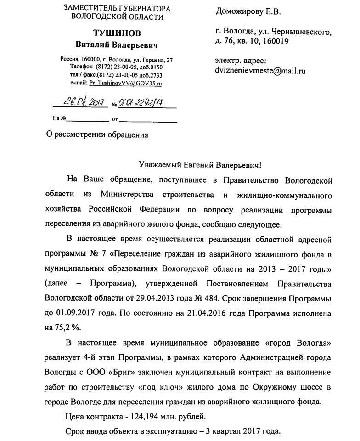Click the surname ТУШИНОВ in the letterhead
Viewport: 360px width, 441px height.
(x=117, y=33)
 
